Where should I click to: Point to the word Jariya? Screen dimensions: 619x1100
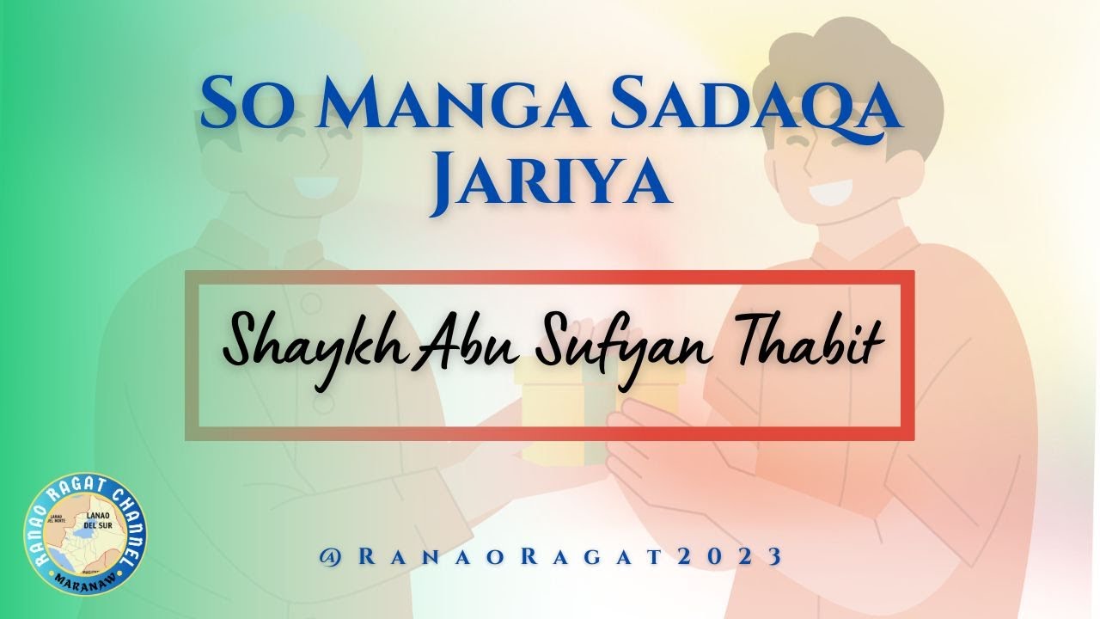pos(551,182)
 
